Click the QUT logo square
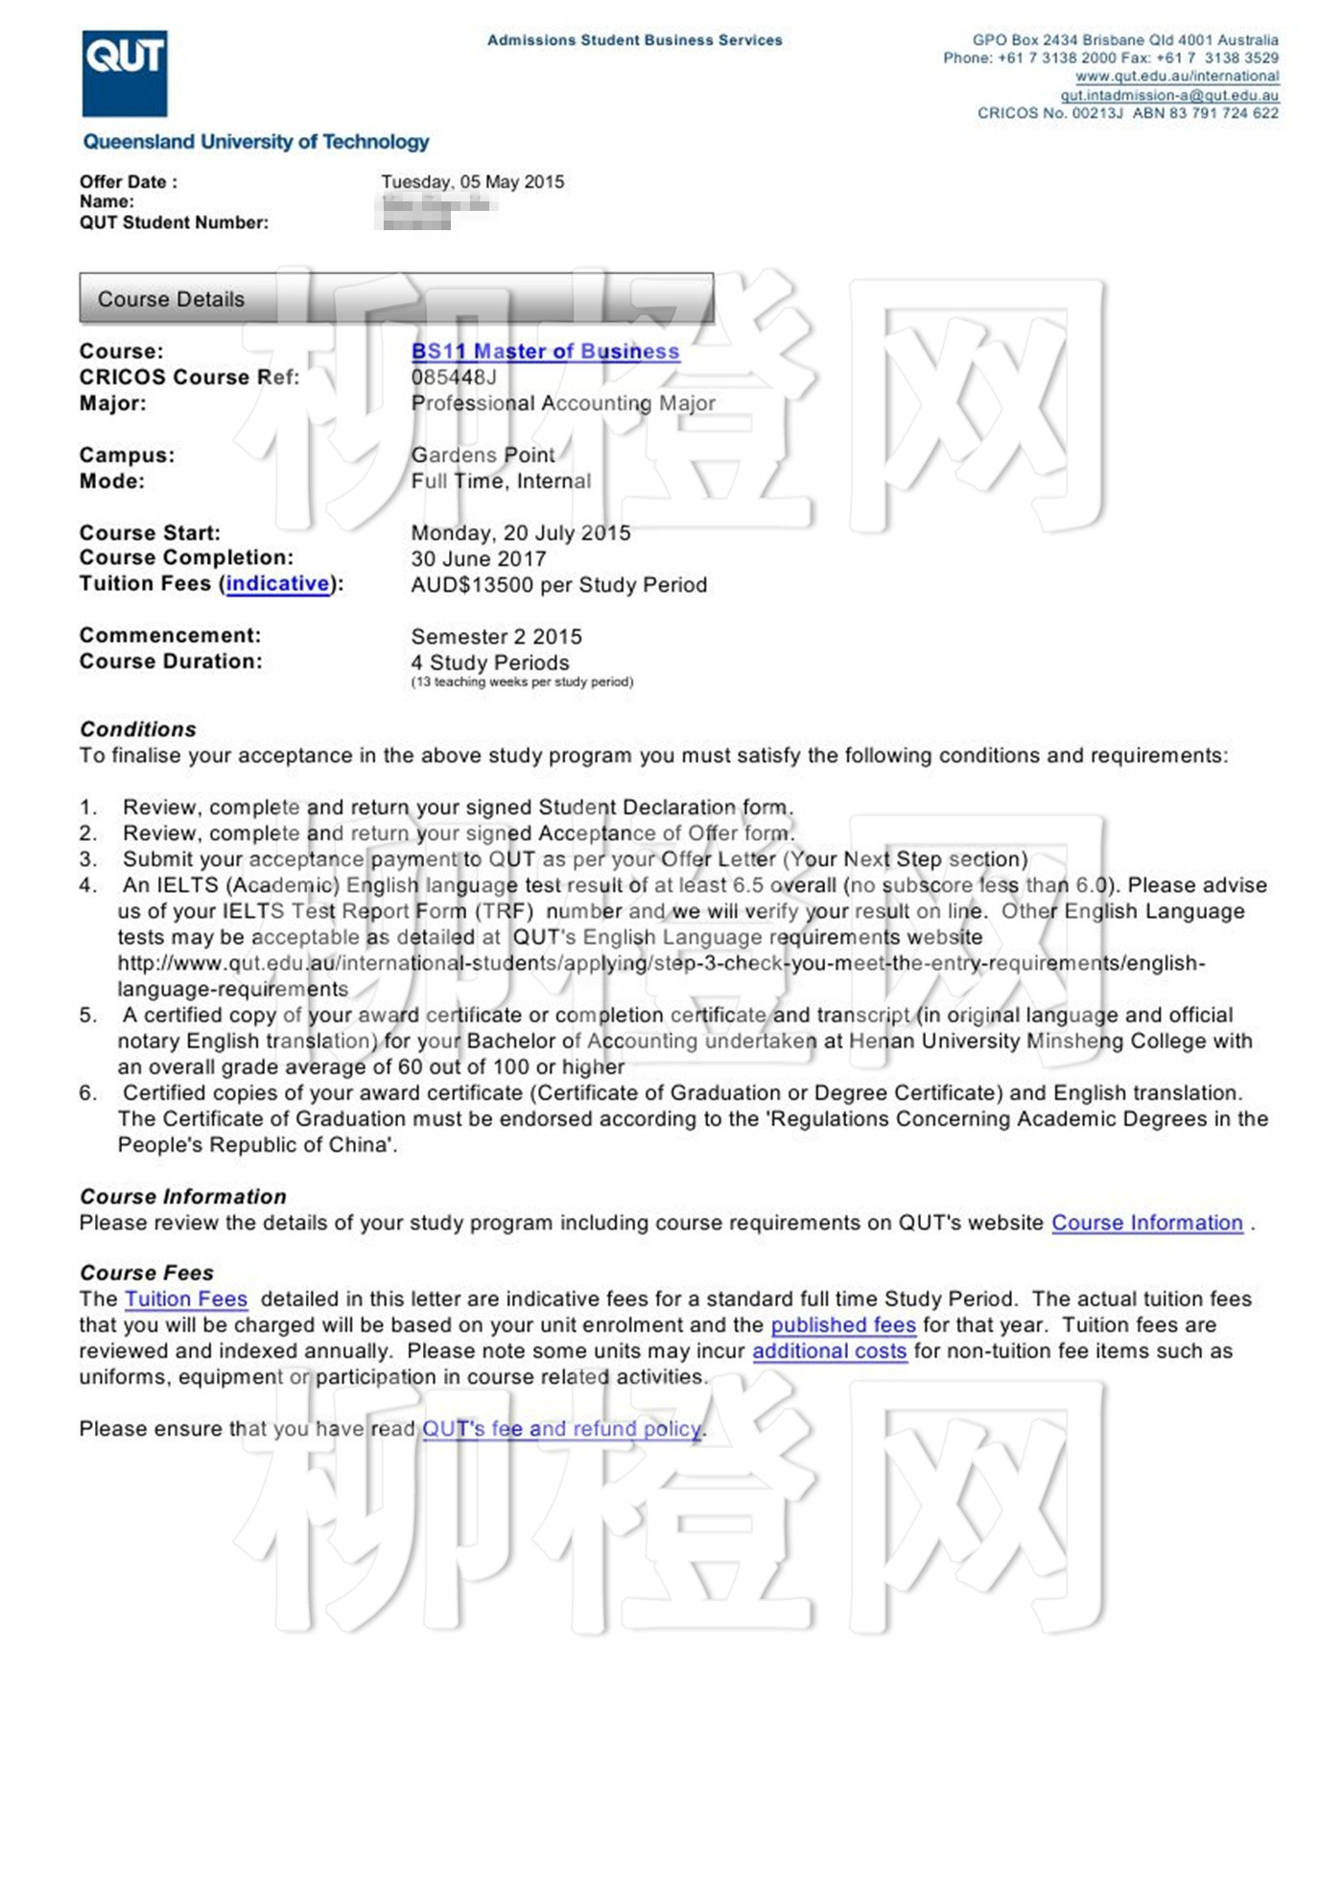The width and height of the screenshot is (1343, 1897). coord(125,73)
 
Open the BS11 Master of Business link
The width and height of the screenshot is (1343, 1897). coord(545,352)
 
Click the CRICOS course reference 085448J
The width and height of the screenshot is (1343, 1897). coord(454,378)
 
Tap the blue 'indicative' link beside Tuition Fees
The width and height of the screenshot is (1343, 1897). coord(277,584)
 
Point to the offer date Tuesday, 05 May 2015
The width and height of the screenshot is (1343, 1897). coord(472,182)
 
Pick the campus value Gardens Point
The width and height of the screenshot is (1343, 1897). coord(483,456)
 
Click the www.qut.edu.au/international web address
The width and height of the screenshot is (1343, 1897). coord(1177,77)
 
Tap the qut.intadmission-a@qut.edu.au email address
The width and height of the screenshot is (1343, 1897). coord(1169,95)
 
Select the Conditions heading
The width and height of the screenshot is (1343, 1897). coord(138,730)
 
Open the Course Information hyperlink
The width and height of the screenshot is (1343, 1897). coord(1146,1224)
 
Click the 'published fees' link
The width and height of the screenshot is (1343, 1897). coord(843,1325)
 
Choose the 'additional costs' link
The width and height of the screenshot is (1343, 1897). coord(829,1351)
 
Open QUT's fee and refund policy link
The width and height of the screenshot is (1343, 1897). coord(563,1429)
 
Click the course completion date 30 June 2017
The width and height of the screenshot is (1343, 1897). coord(479,559)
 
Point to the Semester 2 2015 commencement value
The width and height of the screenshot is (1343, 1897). coord(496,637)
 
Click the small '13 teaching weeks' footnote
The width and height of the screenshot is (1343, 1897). coord(522,682)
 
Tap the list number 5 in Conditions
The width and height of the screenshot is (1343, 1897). coord(88,1016)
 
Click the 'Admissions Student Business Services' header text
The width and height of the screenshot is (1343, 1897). coord(634,40)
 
